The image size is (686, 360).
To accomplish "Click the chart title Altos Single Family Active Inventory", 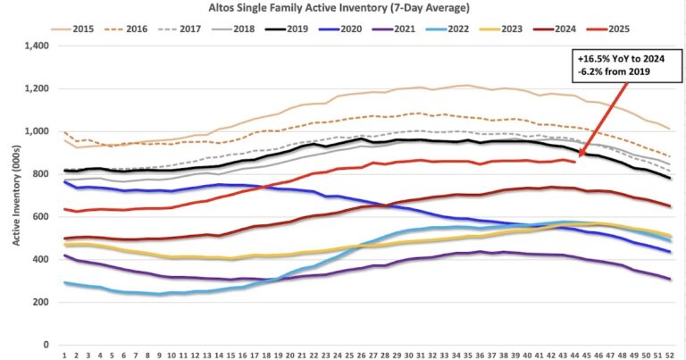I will pyautogui.click(x=344, y=8).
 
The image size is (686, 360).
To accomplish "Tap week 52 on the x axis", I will pyautogui.click(x=669, y=356).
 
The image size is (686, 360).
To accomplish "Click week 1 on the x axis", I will pyautogui.click(x=64, y=356).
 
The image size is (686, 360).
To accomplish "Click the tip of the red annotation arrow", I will pyautogui.click(x=578, y=158).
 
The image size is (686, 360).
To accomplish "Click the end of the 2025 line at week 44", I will pyautogui.click(x=574, y=162).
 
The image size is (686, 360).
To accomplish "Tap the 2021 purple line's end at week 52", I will pyautogui.click(x=669, y=280).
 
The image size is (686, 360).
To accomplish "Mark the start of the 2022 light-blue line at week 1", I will pyautogui.click(x=64, y=282).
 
